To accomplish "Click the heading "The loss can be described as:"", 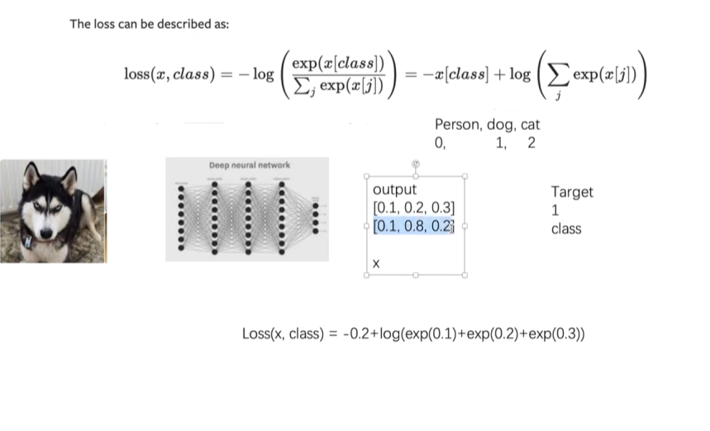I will tap(149, 24).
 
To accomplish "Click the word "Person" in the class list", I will tap(456, 125).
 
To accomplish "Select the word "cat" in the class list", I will tap(530, 125).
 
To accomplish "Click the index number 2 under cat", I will tap(531, 143).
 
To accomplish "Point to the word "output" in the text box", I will tap(394, 190).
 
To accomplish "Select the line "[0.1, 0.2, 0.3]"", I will tap(414, 208).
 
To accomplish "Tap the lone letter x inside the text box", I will tap(376, 264).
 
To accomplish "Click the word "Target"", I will tap(572, 192).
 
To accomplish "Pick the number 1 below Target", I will tap(555, 210).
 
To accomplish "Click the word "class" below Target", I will tap(566, 228).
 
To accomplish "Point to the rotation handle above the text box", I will tap(415, 165).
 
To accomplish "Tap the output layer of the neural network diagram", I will tap(315, 218).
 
